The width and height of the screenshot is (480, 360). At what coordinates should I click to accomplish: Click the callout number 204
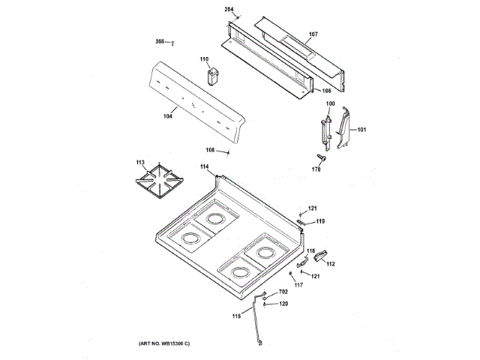coord(229,9)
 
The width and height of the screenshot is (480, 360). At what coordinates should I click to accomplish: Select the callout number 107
coord(313,34)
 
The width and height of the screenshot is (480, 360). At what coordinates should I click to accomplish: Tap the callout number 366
coord(160,41)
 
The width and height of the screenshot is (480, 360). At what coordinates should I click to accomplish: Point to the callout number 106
coord(327,91)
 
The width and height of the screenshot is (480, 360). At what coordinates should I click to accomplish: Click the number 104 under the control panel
coord(168,115)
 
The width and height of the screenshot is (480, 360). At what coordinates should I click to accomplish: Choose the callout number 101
coord(362,130)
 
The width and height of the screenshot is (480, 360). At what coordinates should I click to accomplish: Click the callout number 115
coord(237,316)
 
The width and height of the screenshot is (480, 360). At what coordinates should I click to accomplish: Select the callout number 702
coord(283,292)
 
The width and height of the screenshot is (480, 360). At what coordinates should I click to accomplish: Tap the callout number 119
coord(320,221)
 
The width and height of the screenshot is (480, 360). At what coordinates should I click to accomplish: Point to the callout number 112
coord(330,263)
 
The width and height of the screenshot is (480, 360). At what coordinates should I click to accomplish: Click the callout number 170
coord(316,169)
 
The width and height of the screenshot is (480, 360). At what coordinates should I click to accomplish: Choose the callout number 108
coord(211,150)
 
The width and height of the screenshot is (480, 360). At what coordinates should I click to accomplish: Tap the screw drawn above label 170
coord(321,157)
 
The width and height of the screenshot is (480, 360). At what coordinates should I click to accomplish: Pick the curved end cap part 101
coord(344,127)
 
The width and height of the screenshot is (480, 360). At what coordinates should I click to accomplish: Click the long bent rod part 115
coord(257,321)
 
